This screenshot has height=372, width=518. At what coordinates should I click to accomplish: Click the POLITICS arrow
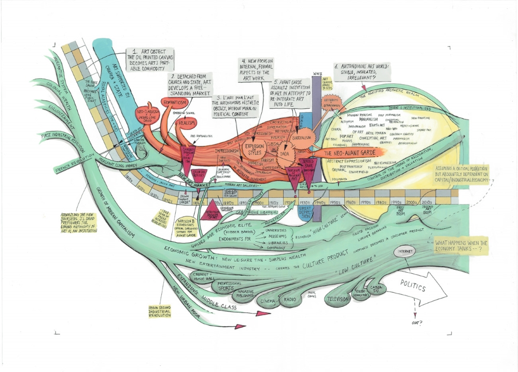coord(418,288)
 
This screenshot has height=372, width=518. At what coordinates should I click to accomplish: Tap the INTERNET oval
coord(404,252)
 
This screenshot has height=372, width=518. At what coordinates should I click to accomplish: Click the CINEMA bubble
coord(268,300)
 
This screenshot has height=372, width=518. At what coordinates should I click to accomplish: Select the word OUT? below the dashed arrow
coord(416,323)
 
